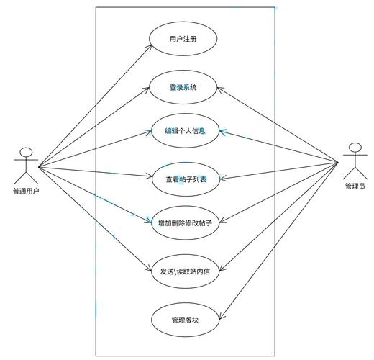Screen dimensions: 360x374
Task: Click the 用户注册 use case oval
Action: click(x=183, y=39)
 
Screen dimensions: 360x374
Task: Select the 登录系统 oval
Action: click(x=183, y=88)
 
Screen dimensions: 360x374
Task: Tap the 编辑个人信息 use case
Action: click(x=183, y=131)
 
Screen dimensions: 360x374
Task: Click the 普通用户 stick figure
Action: click(x=27, y=165)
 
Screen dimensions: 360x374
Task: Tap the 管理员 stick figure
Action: click(x=354, y=161)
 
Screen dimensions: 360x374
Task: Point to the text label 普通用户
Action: click(x=26, y=191)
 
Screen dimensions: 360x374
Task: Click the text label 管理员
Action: click(x=355, y=186)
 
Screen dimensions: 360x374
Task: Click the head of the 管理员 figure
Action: click(x=354, y=148)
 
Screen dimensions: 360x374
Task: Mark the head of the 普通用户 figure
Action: click(x=27, y=152)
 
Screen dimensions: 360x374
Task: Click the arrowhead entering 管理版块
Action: click(x=221, y=315)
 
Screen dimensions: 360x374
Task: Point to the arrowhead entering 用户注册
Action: click(x=150, y=45)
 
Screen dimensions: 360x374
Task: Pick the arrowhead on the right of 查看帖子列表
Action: click(x=222, y=177)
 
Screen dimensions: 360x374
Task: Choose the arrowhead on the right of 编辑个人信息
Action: click(x=222, y=132)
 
